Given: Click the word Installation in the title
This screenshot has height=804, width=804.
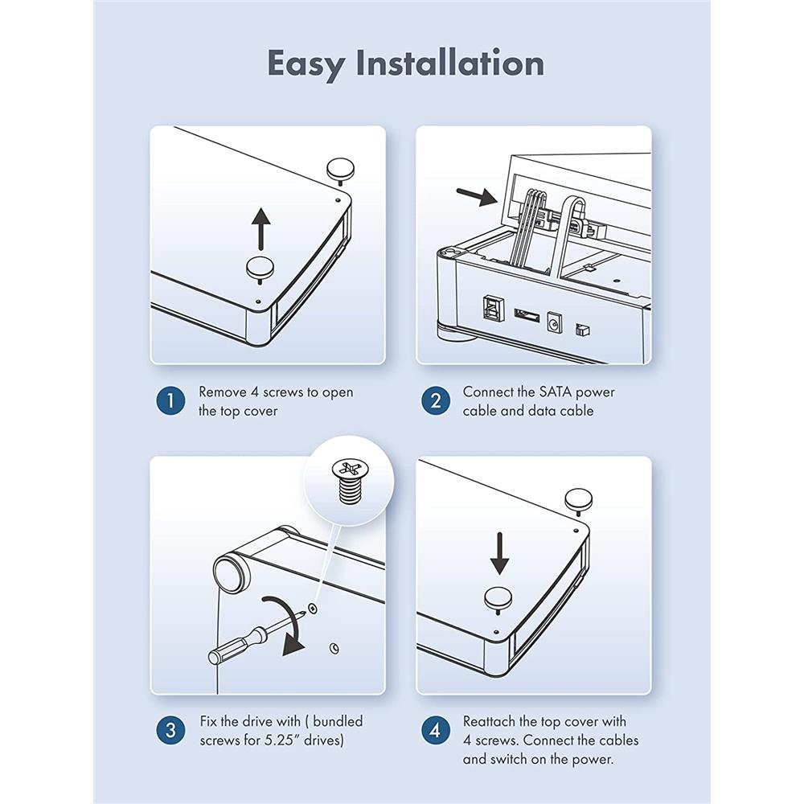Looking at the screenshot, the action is click(x=449, y=63).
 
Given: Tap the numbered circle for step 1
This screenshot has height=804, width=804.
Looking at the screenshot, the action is click(x=170, y=400).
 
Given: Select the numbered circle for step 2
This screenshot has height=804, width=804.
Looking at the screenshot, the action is click(x=436, y=400).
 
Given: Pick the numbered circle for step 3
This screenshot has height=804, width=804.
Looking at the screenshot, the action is click(x=170, y=730).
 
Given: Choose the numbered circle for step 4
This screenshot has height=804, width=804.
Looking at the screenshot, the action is click(x=436, y=730).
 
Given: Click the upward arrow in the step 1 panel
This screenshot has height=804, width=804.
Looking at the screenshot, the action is click(x=261, y=228).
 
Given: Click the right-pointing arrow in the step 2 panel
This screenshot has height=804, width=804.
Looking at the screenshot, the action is click(x=477, y=196).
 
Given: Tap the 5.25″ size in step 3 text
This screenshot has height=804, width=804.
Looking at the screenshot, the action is click(x=282, y=740).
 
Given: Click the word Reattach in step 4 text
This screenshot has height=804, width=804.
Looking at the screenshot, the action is click(x=489, y=721).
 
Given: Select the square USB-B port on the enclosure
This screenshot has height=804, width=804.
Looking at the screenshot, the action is click(x=490, y=310).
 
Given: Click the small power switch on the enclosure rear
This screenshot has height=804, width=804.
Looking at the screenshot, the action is click(x=582, y=330).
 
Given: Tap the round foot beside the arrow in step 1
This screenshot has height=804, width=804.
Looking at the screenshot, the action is click(x=261, y=268).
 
